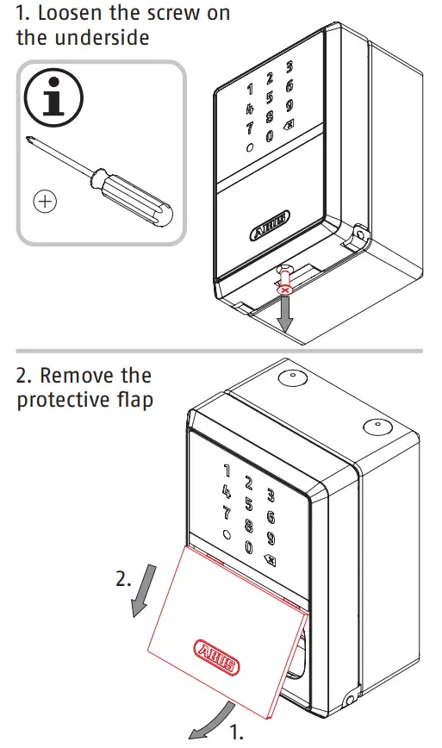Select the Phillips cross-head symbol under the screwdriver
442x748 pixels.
click(44, 202)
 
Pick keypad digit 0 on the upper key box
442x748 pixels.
click(270, 135)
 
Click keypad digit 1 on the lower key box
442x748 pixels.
click(227, 471)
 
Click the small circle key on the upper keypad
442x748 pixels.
click(249, 147)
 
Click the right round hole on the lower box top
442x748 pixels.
click(372, 425)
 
